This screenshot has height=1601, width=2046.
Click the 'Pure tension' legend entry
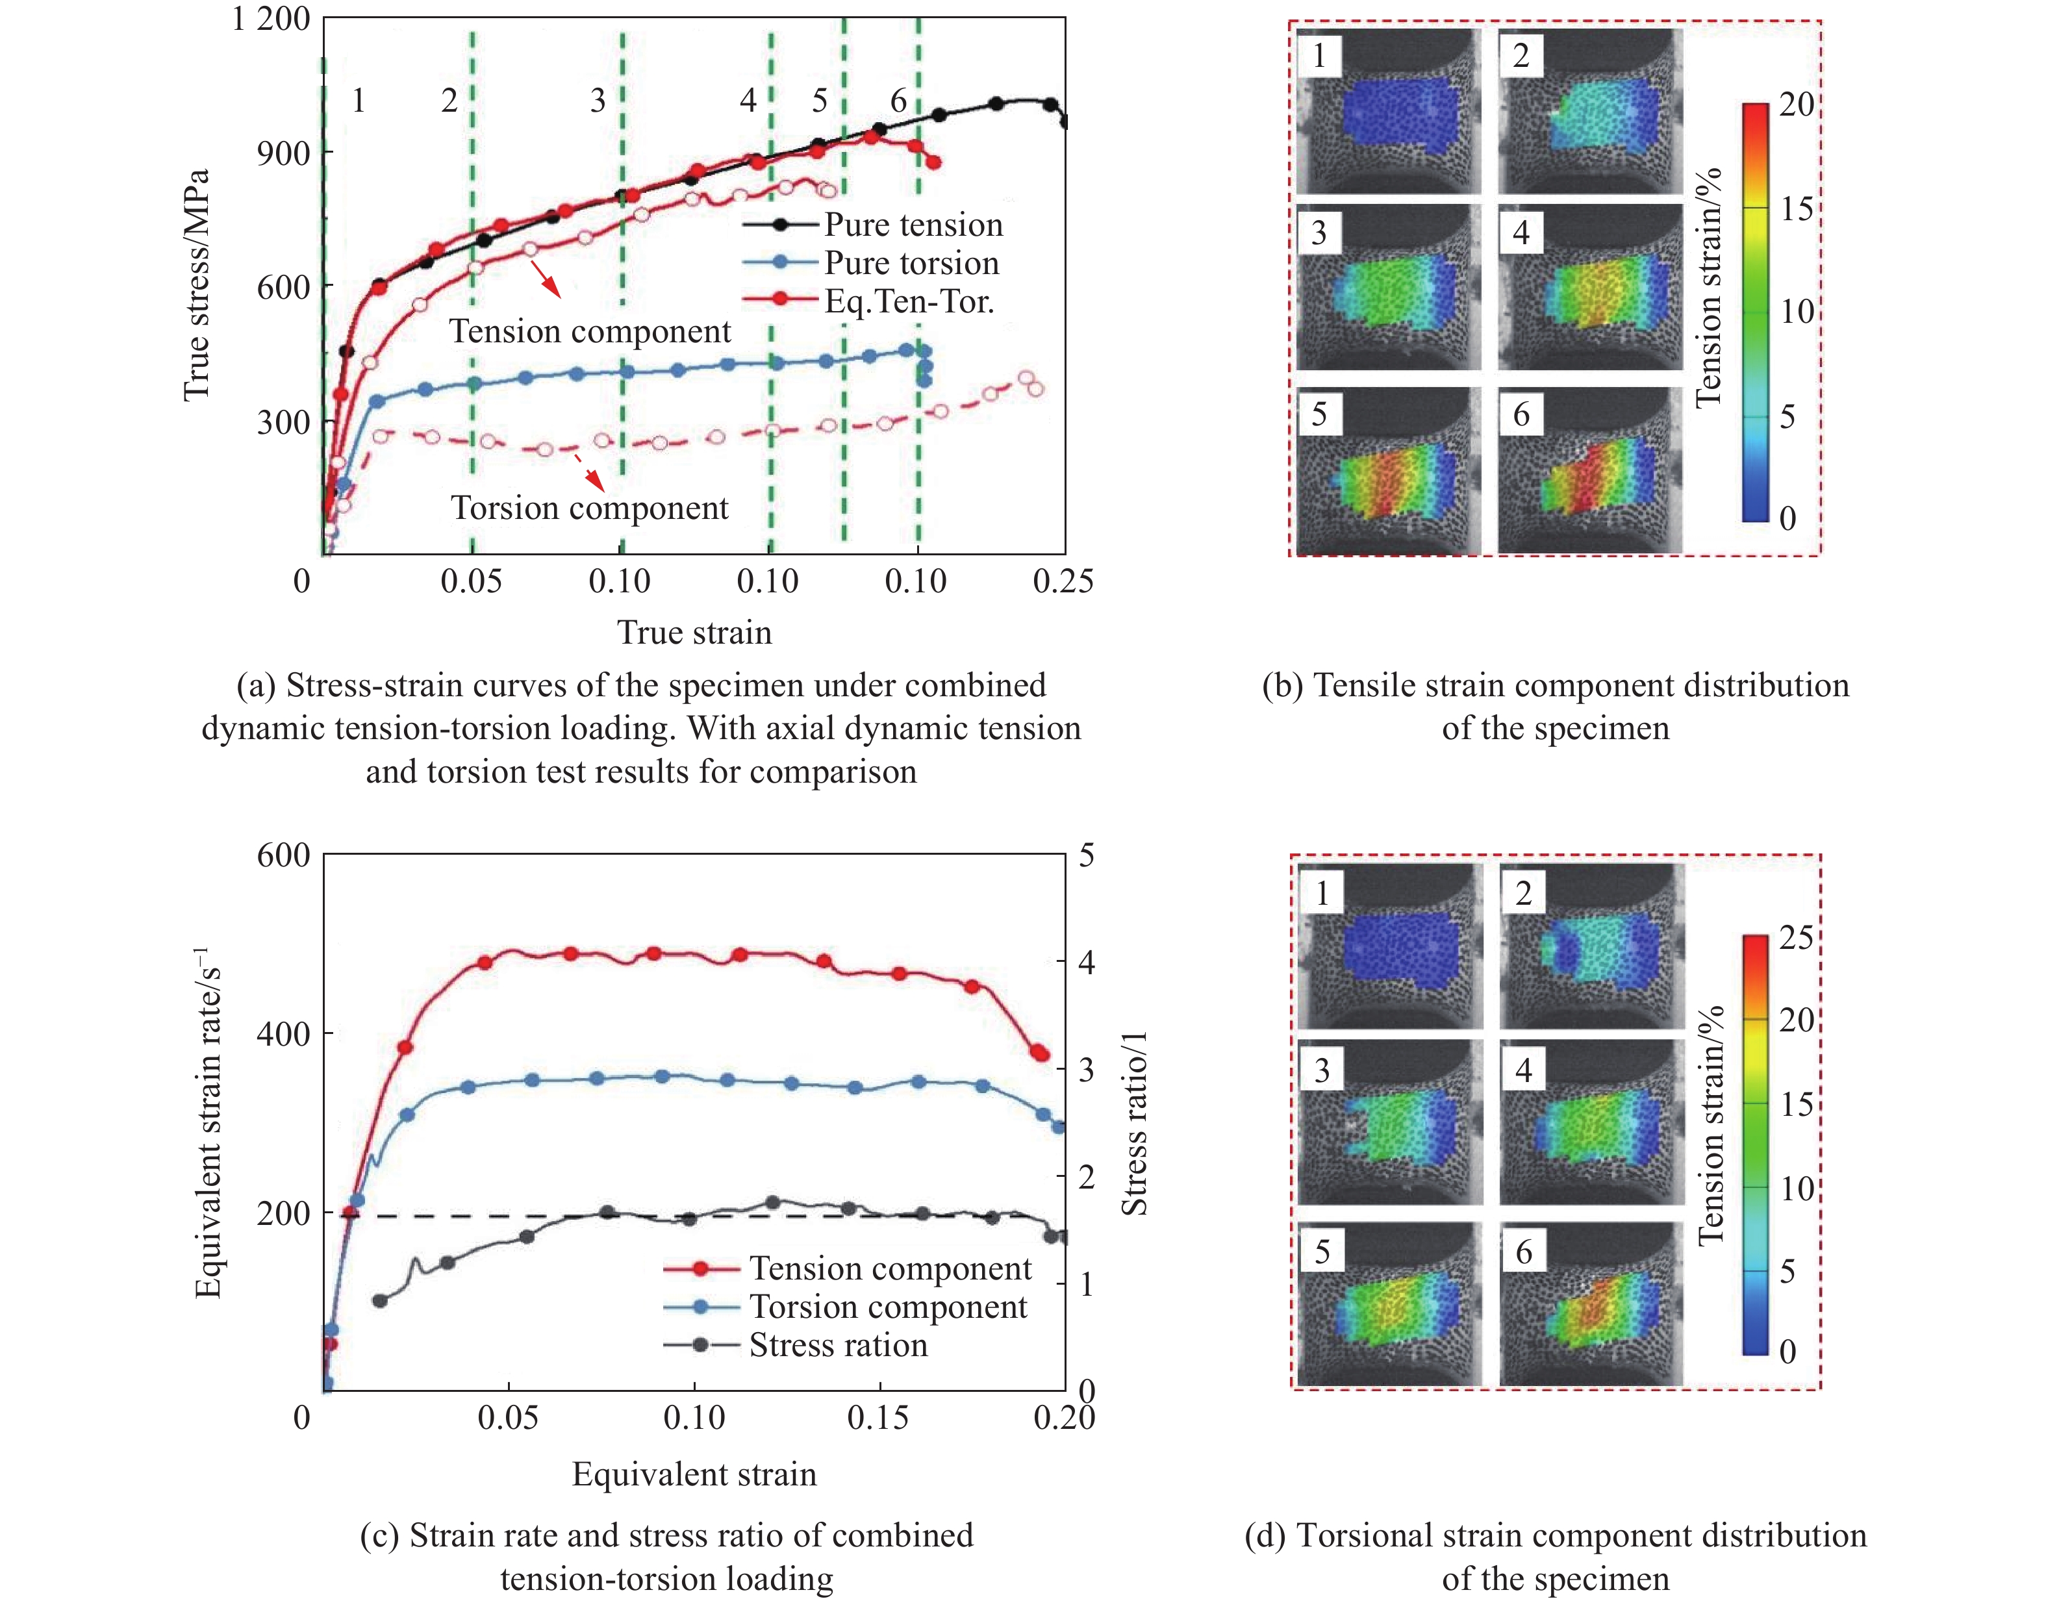click(x=913, y=225)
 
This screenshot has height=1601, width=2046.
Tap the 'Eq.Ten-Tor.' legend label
click(x=908, y=302)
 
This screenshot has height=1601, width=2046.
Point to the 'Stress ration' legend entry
click(x=838, y=1345)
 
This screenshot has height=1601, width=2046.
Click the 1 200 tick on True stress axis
click(x=271, y=19)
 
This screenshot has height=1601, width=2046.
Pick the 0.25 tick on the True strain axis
click(x=1063, y=581)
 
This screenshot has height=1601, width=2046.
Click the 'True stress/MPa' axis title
click(x=196, y=286)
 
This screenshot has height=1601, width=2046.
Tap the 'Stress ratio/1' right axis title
click(x=1135, y=1123)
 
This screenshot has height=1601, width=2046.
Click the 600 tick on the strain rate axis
click(x=283, y=855)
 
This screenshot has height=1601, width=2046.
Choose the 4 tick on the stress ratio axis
click(x=1086, y=963)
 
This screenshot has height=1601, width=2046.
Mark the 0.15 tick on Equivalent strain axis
click(x=878, y=1417)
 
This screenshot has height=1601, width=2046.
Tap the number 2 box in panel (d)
click(x=1524, y=892)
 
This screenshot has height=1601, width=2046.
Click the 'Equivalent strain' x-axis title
click(x=694, y=1474)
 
